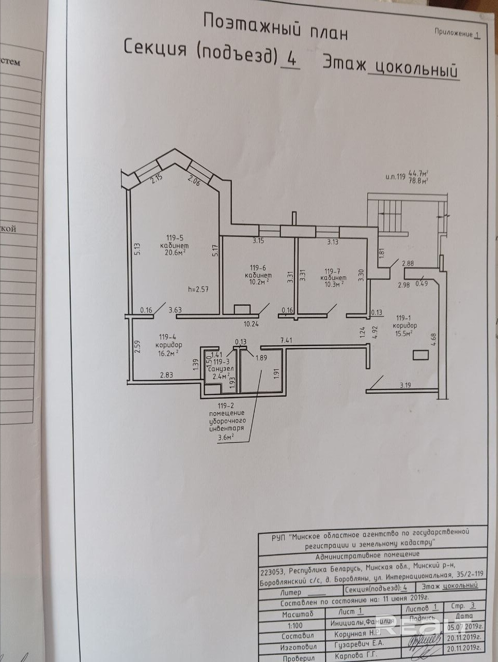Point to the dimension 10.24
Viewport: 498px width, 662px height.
251,324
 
